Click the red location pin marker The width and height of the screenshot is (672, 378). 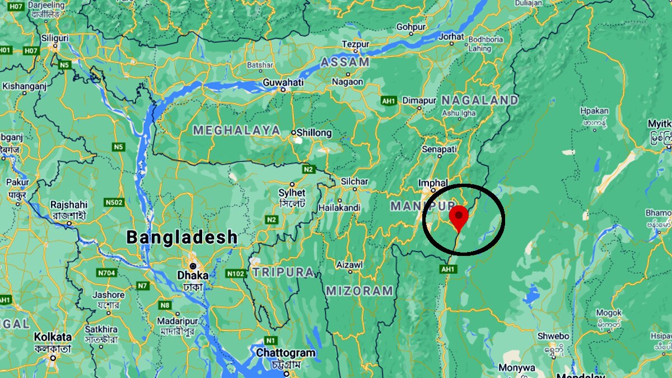(459, 217)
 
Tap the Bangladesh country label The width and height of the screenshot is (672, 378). (182, 237)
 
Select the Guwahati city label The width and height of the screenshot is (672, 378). (283, 83)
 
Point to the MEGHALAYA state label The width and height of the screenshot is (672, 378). (237, 130)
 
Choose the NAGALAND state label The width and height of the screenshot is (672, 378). (479, 100)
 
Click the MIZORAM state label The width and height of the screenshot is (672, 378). (360, 291)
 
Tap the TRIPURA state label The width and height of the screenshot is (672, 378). (283, 272)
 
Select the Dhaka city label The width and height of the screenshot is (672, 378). (193, 275)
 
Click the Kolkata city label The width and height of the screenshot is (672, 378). (53, 337)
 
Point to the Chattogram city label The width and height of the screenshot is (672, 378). (286, 353)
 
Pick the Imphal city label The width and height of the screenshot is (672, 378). (432, 183)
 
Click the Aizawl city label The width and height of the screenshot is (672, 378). (349, 264)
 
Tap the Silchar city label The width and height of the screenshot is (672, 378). (354, 181)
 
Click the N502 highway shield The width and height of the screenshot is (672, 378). (114, 202)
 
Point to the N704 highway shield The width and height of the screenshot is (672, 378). (106, 273)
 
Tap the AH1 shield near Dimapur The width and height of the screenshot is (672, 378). (389, 101)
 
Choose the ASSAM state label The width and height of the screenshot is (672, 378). (345, 62)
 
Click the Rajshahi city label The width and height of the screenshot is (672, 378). (69, 205)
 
